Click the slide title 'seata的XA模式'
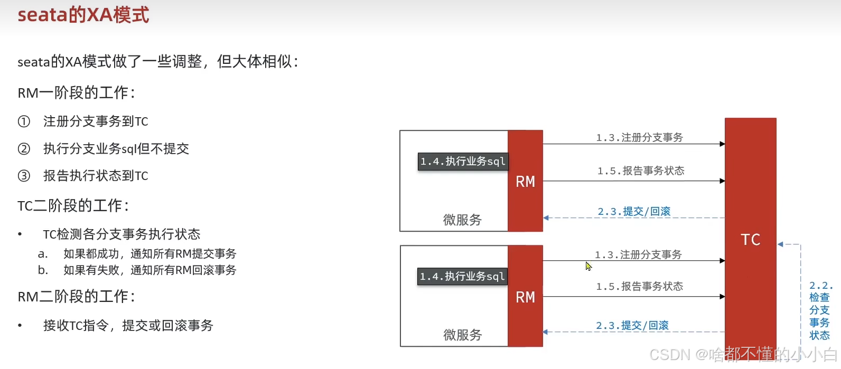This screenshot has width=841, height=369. [83, 15]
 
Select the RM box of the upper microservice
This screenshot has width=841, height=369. [525, 181]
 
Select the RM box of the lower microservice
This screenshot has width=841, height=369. [525, 297]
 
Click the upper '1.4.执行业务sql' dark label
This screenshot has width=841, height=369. [463, 162]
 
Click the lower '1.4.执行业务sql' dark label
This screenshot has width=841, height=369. [462, 277]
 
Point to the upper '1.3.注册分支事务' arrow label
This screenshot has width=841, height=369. [639, 138]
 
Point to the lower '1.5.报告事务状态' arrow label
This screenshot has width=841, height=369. [639, 287]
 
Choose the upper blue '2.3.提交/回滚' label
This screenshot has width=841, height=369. [634, 212]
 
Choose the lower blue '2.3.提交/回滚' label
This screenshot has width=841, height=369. [632, 326]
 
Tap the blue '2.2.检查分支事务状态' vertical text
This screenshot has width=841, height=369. [819, 310]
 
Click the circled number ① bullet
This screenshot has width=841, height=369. [24, 121]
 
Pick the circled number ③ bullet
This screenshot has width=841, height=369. [24, 176]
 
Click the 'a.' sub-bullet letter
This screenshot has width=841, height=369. [43, 254]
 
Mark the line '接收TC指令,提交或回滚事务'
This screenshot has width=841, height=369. [128, 326]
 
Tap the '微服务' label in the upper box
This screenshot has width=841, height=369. [462, 220]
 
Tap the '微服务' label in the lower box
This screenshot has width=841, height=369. [462, 335]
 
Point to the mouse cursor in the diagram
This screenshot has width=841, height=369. [588, 266]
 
